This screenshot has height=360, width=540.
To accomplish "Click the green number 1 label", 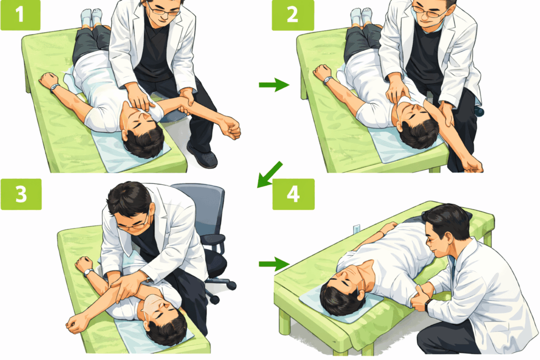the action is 21,15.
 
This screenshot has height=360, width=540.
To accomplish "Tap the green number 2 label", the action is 293,15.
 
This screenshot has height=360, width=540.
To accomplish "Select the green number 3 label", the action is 21,194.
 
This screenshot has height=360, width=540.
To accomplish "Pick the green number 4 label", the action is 293,194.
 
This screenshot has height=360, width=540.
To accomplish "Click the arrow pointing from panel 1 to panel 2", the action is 274,85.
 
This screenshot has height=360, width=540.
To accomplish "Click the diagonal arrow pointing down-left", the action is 269,174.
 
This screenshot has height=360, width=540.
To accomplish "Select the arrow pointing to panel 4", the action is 274,264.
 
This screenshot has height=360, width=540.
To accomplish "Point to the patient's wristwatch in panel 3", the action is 89,273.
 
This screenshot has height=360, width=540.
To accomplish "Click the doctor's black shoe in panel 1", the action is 202,156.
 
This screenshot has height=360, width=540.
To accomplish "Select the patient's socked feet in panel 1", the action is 92,18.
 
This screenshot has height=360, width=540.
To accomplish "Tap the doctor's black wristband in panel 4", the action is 427,305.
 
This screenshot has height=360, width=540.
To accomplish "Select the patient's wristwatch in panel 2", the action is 327,81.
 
